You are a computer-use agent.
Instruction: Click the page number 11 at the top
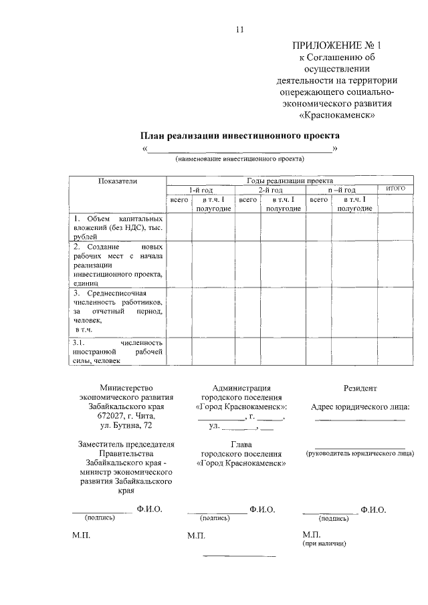tap(241, 29)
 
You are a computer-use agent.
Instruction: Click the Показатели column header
tap(118, 180)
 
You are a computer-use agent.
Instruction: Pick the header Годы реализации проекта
tap(289, 180)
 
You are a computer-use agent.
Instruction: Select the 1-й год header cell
tap(201, 190)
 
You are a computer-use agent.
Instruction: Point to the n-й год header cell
tap(341, 190)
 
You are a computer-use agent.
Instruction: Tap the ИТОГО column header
tap(396, 189)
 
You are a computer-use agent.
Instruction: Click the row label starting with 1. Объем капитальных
tap(118, 227)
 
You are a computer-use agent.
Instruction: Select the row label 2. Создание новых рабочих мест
tap(118, 265)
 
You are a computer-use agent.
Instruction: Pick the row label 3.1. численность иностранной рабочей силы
tap(118, 352)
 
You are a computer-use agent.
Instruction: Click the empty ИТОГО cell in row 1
tap(396, 227)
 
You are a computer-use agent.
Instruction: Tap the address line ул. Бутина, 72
tap(126, 425)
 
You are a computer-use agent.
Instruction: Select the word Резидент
tap(360, 388)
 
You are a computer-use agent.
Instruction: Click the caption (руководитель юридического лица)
tap(360, 454)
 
